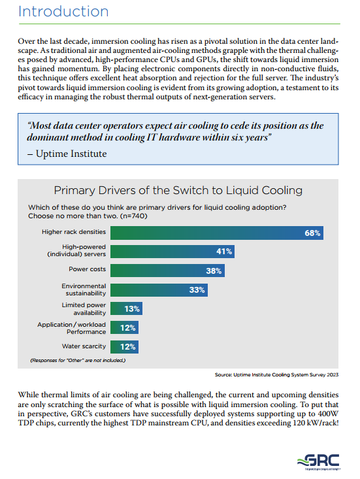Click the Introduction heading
(x=63, y=12)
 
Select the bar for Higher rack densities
(x=217, y=233)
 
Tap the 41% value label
(x=224, y=252)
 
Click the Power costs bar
(x=168, y=271)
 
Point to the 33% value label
(x=197, y=290)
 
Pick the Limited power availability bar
(x=126, y=308)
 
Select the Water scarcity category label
(x=84, y=346)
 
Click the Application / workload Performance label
(x=71, y=328)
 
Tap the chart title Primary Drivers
(x=178, y=190)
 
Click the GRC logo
(x=319, y=461)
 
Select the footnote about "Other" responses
(x=78, y=361)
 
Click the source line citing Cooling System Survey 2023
(x=276, y=375)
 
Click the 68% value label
(x=312, y=233)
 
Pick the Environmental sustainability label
(x=84, y=289)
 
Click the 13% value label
(x=132, y=309)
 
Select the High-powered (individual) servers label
(x=76, y=250)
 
